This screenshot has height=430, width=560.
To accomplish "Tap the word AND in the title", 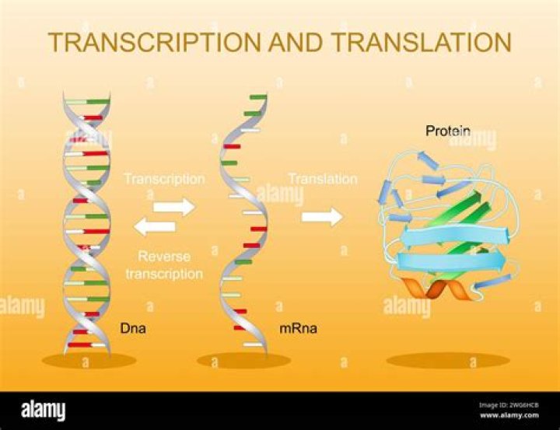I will (x=288, y=43).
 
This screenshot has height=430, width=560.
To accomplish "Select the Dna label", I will (x=134, y=329).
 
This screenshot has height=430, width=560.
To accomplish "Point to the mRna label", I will (x=298, y=329).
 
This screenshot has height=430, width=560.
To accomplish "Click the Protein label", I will (x=447, y=131).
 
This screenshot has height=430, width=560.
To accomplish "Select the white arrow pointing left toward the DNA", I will (x=154, y=227).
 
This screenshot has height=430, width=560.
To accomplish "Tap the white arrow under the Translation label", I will (x=322, y=216).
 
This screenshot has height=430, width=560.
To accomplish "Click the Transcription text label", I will (x=164, y=179).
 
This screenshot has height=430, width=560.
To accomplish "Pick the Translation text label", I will (x=323, y=179).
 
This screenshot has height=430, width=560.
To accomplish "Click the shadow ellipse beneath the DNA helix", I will (x=89, y=361).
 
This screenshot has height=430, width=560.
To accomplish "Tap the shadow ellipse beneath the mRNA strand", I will (x=243, y=361).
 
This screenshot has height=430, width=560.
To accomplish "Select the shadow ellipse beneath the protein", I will (x=447, y=361).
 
